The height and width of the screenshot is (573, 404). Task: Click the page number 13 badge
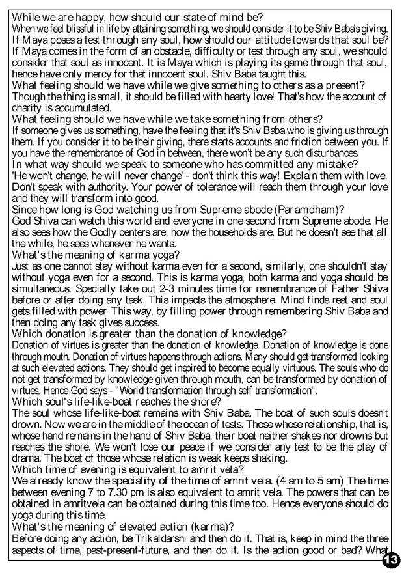pos(391,559)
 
